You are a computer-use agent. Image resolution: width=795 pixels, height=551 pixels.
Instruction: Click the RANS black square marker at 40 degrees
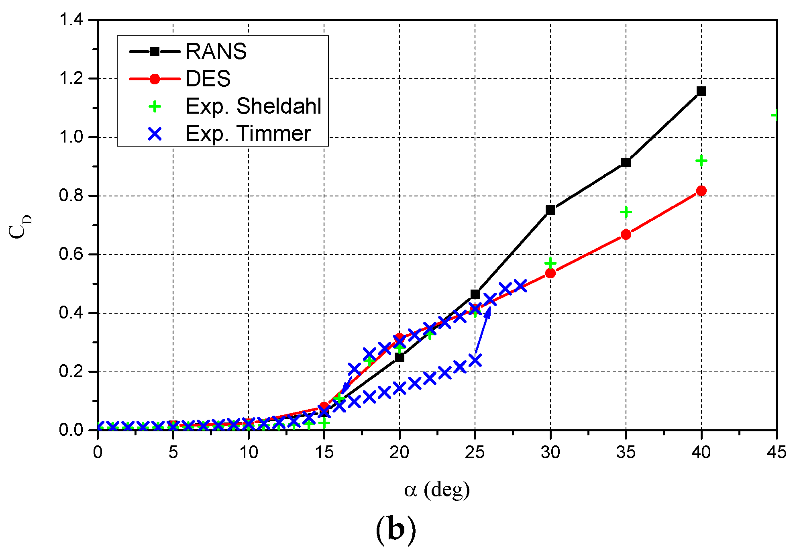coord(701,91)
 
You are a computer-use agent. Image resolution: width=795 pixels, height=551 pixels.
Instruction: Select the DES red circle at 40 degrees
coord(701,191)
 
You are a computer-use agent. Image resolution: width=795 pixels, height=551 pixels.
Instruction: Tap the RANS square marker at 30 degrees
coord(550,210)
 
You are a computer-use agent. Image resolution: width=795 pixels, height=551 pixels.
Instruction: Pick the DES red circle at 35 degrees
coord(626,235)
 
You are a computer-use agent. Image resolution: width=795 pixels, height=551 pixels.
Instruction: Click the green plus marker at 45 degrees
coord(775,116)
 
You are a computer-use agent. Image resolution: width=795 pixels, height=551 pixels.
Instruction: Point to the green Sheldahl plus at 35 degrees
coord(626,212)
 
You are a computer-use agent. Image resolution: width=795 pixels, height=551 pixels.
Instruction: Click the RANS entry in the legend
coord(216,51)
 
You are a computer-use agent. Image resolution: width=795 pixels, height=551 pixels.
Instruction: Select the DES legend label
coord(208,79)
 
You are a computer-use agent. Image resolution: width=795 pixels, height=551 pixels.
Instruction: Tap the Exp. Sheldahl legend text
coord(253,106)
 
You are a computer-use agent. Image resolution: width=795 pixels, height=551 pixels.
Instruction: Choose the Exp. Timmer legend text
coord(248,134)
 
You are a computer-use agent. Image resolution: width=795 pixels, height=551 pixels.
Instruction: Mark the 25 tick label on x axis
coord(475,453)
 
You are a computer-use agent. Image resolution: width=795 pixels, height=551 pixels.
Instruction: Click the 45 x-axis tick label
coord(776,453)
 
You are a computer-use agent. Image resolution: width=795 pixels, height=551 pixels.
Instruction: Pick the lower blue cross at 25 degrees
coord(475,360)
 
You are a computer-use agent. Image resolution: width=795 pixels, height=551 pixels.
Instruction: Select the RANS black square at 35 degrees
coord(626,163)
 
